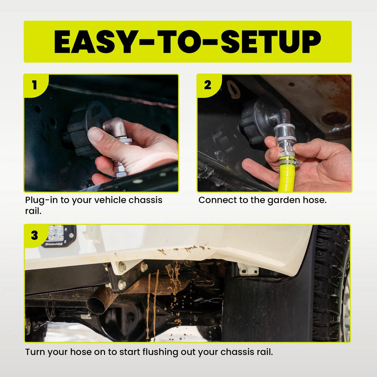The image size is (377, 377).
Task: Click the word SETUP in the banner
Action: point(271,42)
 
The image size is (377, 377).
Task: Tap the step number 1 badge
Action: point(34,85)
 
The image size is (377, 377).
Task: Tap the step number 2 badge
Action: point(207,85)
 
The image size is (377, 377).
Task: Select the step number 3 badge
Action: point(34,235)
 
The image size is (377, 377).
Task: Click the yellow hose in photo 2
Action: point(286,177)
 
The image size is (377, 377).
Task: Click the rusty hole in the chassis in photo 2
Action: point(334,118)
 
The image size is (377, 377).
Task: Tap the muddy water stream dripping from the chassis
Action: point(152,298)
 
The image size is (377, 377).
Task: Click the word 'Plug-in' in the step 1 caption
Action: point(41,200)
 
